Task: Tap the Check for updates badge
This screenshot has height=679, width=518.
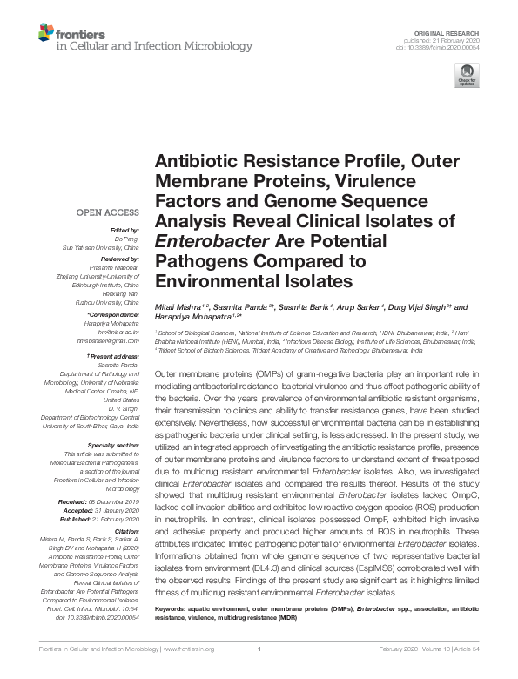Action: (x=467, y=75)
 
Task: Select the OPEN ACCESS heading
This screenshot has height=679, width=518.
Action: (x=107, y=212)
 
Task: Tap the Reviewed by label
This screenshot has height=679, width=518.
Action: (x=118, y=259)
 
